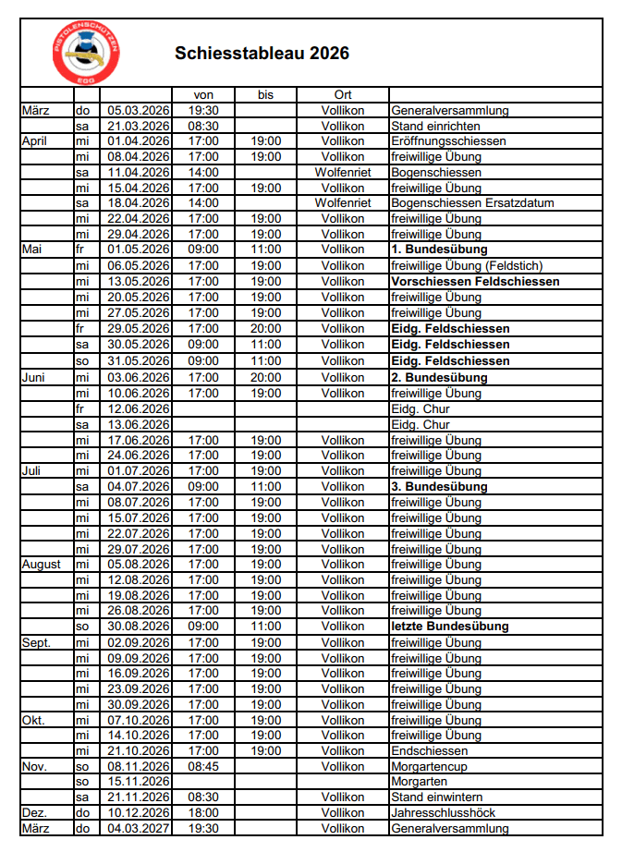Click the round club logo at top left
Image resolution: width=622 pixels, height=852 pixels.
pyautogui.click(x=85, y=52)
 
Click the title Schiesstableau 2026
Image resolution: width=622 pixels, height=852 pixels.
pyautogui.click(x=262, y=54)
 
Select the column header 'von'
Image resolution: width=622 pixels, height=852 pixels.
pyautogui.click(x=203, y=94)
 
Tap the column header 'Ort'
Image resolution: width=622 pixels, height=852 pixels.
pyautogui.click(x=343, y=94)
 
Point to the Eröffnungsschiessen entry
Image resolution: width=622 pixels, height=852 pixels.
pyautogui.click(x=448, y=141)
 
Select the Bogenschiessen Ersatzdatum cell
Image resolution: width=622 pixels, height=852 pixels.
pyautogui.click(x=458, y=203)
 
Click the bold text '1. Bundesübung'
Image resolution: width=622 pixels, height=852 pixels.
pyautogui.click(x=439, y=250)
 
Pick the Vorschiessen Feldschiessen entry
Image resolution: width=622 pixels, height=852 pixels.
pyautogui.click(x=475, y=282)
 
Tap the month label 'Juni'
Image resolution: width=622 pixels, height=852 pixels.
pyautogui.click(x=34, y=377)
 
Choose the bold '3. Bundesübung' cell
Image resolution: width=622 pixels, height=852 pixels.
pyautogui.click(x=439, y=486)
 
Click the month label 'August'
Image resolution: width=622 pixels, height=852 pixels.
pyautogui.click(x=41, y=564)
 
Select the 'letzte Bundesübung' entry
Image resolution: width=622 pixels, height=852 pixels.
pyautogui.click(x=450, y=627)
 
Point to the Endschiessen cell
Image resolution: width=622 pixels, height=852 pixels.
pyautogui.click(x=429, y=750)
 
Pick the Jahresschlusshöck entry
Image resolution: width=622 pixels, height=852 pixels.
pyautogui.click(x=443, y=813)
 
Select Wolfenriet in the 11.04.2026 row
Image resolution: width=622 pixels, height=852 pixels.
pyautogui.click(x=343, y=173)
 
